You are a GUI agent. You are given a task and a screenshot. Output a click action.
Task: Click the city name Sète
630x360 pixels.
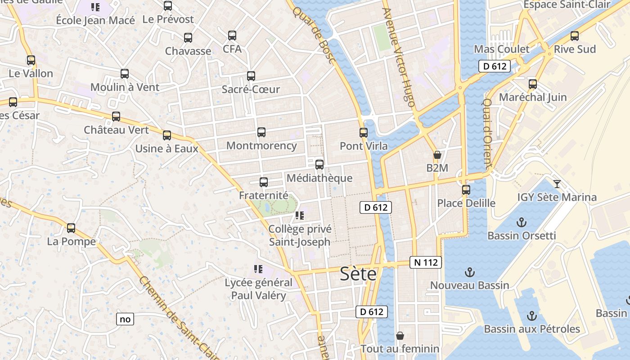358,274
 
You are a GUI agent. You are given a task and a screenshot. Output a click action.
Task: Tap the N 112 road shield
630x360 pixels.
425,262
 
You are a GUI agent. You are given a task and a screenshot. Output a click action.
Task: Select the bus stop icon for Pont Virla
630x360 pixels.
364,133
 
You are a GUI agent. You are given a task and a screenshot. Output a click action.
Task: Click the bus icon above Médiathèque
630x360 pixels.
319,165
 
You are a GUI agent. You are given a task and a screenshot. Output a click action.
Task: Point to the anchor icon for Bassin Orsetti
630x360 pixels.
521,222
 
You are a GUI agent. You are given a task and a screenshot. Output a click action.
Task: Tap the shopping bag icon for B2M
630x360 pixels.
437,155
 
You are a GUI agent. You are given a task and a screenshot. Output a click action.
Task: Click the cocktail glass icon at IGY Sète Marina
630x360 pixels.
557,184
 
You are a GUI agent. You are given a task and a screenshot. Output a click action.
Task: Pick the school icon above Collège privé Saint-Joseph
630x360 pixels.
299,216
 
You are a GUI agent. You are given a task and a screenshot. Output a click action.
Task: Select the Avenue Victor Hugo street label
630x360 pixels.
398,58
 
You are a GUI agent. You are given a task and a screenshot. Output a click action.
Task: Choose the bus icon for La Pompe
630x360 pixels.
71,228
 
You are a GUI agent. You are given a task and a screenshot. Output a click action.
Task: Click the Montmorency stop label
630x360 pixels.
261,145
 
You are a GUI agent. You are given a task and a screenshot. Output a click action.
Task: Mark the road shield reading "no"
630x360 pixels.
125,319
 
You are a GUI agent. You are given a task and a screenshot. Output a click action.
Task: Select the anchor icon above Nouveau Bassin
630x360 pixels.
470,272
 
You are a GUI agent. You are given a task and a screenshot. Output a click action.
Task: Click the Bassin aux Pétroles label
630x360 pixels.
532,329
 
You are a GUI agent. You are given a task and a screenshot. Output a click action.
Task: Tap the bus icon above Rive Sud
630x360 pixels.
575,36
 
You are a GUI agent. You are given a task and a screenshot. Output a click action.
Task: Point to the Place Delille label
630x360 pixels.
466,203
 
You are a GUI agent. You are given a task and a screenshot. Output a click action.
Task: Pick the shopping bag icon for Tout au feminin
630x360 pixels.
400,336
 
